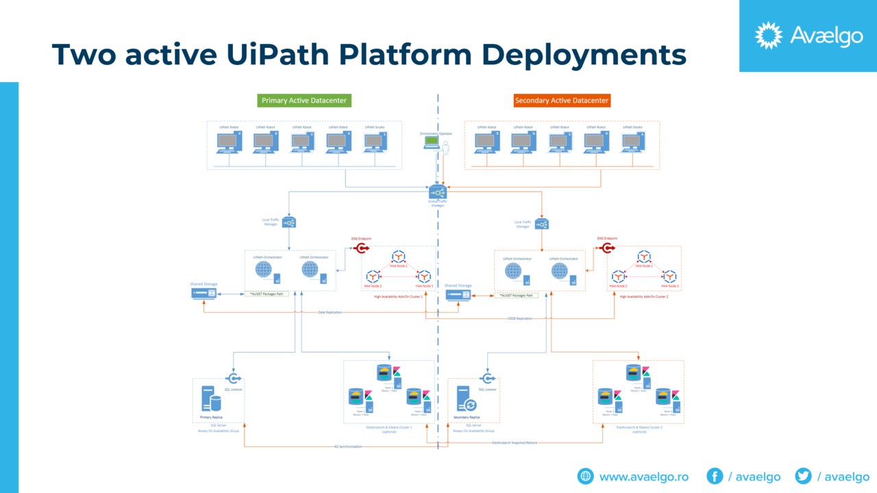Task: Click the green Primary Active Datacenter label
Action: [x=304, y=101]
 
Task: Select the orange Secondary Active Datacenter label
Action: [x=562, y=101]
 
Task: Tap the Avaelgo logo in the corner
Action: [x=808, y=36]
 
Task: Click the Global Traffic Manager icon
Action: [x=438, y=192]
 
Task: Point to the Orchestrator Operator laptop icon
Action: [x=432, y=142]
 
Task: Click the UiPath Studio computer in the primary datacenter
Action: [x=375, y=142]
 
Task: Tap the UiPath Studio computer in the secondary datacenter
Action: [x=632, y=142]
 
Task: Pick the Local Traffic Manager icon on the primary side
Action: [x=289, y=223]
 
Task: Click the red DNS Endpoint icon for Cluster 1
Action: [x=362, y=248]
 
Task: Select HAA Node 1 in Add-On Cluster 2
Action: [x=644, y=257]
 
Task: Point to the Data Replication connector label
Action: [x=330, y=312]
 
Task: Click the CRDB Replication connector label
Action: [x=519, y=318]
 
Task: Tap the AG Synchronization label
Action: [x=348, y=446]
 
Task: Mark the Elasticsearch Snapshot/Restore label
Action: [x=515, y=442]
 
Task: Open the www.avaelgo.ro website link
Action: [x=643, y=477]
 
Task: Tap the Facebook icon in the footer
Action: [x=715, y=476]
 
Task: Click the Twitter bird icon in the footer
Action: [x=803, y=476]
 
